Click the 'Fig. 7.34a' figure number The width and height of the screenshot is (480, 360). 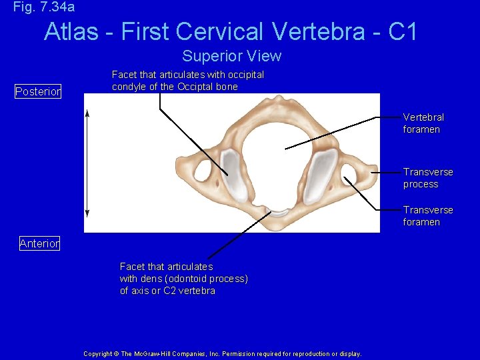tap(44, 7)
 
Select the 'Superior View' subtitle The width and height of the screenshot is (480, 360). tap(231, 56)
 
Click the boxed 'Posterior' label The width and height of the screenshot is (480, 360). tap(38, 91)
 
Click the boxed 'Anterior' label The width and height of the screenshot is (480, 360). tap(39, 243)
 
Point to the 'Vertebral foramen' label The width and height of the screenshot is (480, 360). tap(423, 123)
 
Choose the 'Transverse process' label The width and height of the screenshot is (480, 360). tap(427, 178)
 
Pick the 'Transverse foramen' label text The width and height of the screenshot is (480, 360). tap(427, 216)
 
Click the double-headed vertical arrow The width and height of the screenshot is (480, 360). tap(87, 163)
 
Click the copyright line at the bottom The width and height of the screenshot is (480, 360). tap(223, 354)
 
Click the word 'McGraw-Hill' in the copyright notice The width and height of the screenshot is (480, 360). tap(153, 354)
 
